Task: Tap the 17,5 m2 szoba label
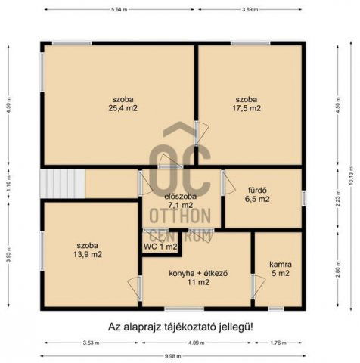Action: [247, 104]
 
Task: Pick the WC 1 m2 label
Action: [160, 246]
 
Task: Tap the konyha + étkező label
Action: [198, 277]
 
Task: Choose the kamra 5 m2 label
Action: [280, 268]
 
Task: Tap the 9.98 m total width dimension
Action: [172, 356]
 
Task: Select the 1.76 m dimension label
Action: [278, 343]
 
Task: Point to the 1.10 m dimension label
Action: [8, 182]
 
